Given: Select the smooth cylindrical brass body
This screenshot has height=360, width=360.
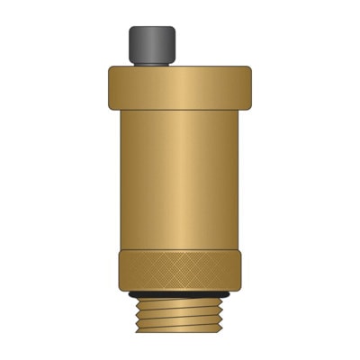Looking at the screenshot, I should [181, 171].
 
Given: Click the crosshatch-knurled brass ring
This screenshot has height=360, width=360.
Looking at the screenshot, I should [181, 270].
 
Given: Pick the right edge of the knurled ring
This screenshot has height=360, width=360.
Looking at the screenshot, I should [243, 270].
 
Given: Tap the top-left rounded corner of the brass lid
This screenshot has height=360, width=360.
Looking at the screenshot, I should [112, 68].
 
